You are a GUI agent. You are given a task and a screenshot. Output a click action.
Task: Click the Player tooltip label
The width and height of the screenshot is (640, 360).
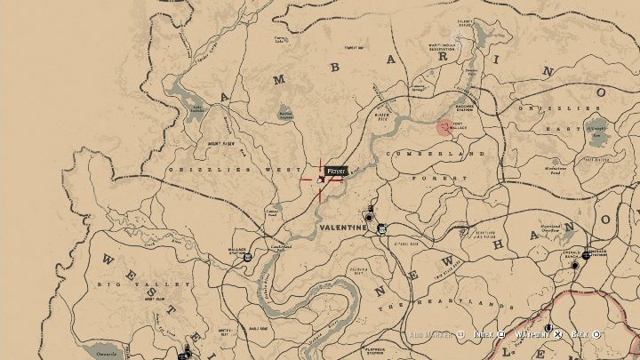(335, 171)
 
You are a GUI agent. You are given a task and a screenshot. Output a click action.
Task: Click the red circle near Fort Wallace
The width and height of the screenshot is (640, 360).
(443, 127)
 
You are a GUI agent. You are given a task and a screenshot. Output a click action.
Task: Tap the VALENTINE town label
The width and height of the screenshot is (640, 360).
(342, 228)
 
